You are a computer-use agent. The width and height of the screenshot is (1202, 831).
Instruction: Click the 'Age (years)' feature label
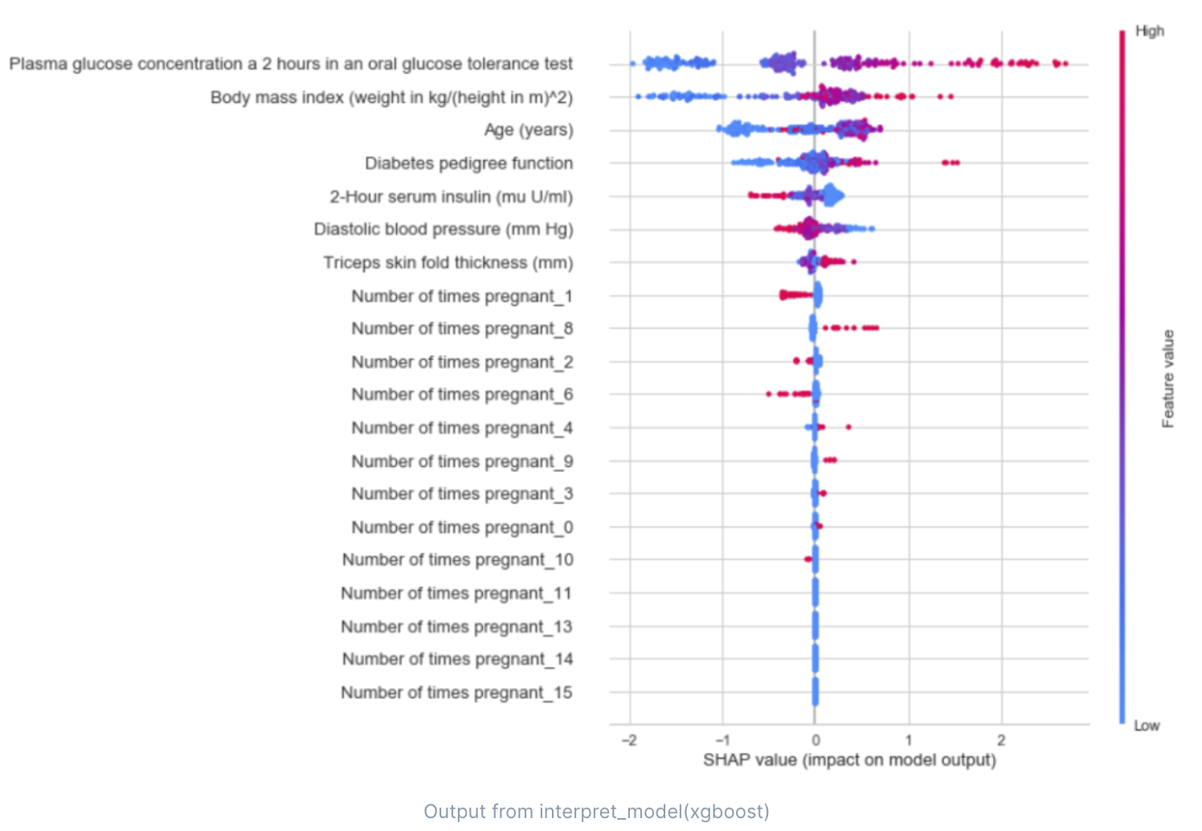coord(528,130)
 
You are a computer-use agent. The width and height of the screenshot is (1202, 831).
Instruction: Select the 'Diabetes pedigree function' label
coord(468,163)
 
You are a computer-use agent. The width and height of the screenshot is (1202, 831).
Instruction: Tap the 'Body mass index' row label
coord(391,97)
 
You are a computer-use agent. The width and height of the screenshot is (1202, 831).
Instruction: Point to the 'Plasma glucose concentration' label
coord(291,63)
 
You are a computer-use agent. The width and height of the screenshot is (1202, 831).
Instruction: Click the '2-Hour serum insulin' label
coord(451,197)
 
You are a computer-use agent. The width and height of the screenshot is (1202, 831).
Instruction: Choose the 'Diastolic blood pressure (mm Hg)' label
coord(444,229)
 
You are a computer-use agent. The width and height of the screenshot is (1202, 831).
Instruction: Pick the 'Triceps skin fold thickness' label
coord(448,263)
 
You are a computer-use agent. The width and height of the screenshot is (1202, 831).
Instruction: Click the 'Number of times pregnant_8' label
coord(462,329)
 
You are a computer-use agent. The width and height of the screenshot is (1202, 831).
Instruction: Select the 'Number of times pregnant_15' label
coord(456,693)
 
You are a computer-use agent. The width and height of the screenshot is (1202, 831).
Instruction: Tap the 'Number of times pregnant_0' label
coord(462,527)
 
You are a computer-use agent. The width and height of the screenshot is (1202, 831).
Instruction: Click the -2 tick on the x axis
coord(629,740)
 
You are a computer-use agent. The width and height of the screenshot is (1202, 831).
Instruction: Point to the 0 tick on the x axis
coord(815,740)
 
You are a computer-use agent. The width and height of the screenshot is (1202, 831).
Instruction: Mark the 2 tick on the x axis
coord(1001,740)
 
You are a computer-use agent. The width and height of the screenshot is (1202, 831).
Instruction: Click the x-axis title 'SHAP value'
coord(849,760)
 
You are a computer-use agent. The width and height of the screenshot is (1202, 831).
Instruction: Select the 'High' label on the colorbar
coord(1149,31)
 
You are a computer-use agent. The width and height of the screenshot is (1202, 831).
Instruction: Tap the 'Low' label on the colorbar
coord(1147,726)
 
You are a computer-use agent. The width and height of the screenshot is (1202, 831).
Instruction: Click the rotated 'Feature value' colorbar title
coord(1168,379)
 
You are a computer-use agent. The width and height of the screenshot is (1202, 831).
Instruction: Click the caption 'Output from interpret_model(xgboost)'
coord(596,812)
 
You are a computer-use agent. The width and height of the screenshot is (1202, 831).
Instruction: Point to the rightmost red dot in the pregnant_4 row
coord(848,427)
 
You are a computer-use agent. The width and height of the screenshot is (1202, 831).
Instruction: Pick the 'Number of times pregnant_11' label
coord(456,593)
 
